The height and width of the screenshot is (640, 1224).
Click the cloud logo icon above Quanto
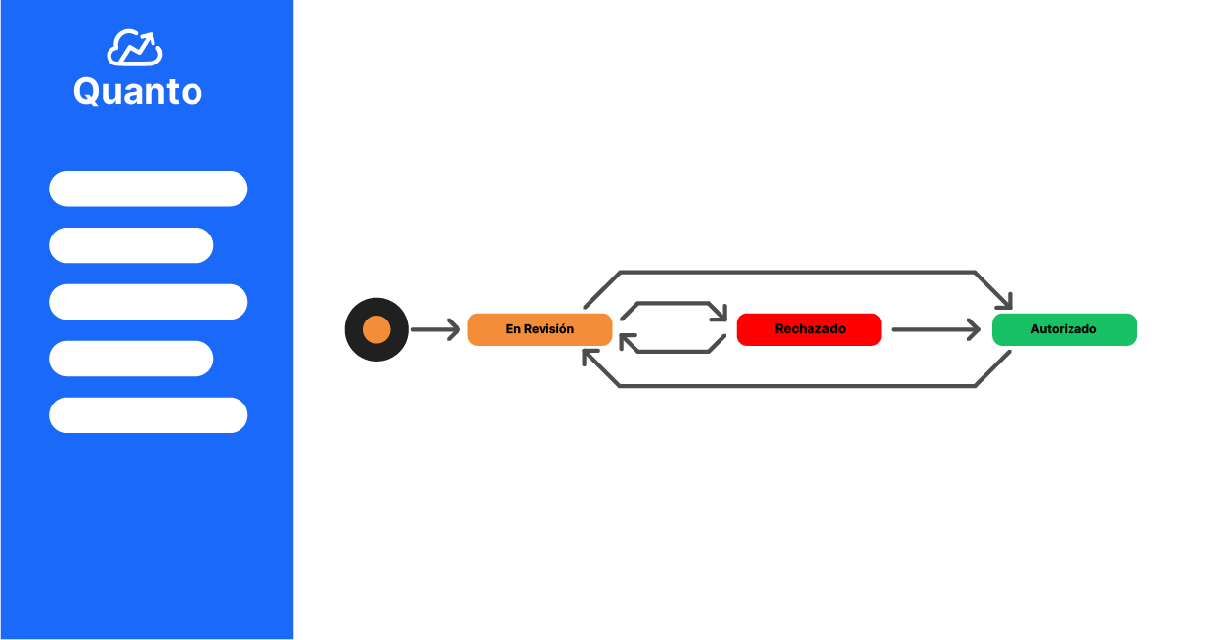coord(134,48)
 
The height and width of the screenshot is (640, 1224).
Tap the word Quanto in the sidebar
coord(138,91)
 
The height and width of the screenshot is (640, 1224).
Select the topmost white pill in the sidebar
coord(148,189)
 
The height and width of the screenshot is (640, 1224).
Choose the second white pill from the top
coord(131,245)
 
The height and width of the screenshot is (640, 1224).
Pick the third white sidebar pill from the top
coord(148,302)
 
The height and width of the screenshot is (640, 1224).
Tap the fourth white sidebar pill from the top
coord(131,359)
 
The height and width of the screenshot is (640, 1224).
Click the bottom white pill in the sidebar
coord(148,415)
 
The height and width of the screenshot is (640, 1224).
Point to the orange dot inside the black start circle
coord(376,330)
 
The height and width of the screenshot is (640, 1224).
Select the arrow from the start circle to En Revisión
coord(435,330)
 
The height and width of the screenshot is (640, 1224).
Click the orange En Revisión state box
coord(540,329)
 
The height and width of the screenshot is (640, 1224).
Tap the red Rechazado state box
coord(809,329)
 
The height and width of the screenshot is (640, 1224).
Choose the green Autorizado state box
coord(1065,329)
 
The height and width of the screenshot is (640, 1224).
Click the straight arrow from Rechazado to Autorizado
coord(936,330)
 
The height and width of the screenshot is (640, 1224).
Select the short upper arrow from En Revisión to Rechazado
coord(674,303)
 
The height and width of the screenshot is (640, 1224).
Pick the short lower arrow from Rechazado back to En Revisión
coord(674,352)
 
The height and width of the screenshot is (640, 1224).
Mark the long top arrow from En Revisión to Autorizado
coord(798,272)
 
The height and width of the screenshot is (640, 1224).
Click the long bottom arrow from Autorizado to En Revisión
coord(798,386)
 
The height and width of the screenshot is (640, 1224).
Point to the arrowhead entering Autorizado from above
coord(1005,302)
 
